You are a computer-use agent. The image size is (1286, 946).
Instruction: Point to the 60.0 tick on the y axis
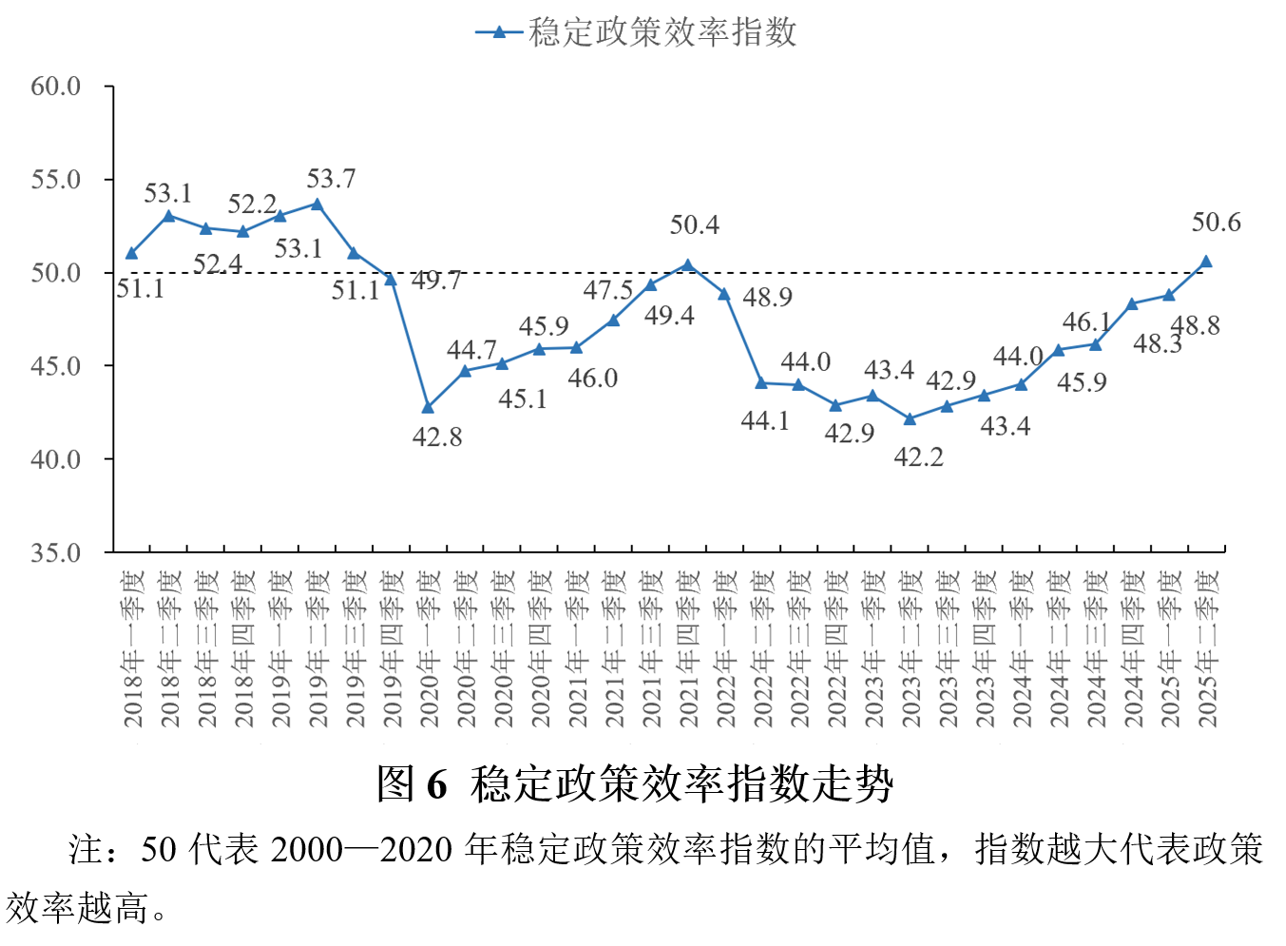[x=56, y=87]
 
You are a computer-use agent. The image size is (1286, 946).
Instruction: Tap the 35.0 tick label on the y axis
[x=56, y=552]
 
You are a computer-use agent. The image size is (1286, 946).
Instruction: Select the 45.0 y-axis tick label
[x=56, y=366]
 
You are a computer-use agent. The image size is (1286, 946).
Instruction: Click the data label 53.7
[x=331, y=179]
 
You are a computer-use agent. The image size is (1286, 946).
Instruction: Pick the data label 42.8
[x=437, y=437]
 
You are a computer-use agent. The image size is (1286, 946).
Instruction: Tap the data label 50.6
[x=1216, y=222]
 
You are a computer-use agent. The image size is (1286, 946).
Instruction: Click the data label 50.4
[x=695, y=225]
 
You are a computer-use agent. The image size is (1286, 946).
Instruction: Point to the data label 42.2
[x=918, y=457]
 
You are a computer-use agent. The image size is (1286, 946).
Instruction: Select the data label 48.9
[x=767, y=298]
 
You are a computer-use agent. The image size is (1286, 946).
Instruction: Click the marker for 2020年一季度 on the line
[x=428, y=407]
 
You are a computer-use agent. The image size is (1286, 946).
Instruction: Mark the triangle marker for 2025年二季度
[x=1206, y=261]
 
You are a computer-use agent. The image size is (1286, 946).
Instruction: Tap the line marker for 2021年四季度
[x=687, y=265]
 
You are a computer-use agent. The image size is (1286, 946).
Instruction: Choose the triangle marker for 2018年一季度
[x=131, y=253]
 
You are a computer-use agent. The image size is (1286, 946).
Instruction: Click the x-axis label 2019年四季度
[x=392, y=649]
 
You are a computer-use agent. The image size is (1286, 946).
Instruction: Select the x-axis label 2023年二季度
[x=911, y=649]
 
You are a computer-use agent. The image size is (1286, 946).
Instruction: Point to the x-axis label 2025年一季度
[x=1170, y=649]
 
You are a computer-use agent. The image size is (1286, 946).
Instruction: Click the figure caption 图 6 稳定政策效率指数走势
[x=635, y=784]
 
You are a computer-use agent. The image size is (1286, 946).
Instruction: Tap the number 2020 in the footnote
[x=416, y=849]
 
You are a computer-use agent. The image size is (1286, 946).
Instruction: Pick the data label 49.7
[x=436, y=280]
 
